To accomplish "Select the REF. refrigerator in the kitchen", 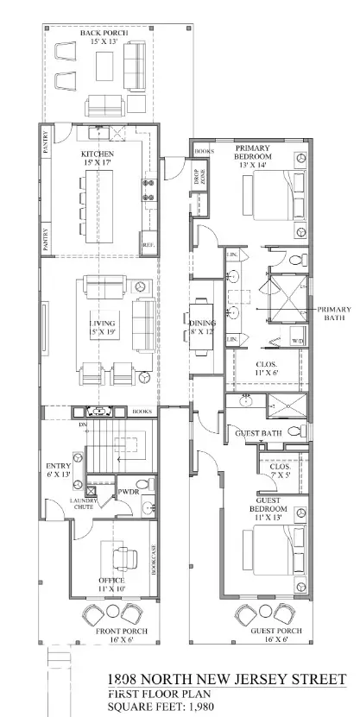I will point(148,243).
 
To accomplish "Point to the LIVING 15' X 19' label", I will point(102,329).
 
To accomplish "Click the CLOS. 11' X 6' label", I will point(268,368).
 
